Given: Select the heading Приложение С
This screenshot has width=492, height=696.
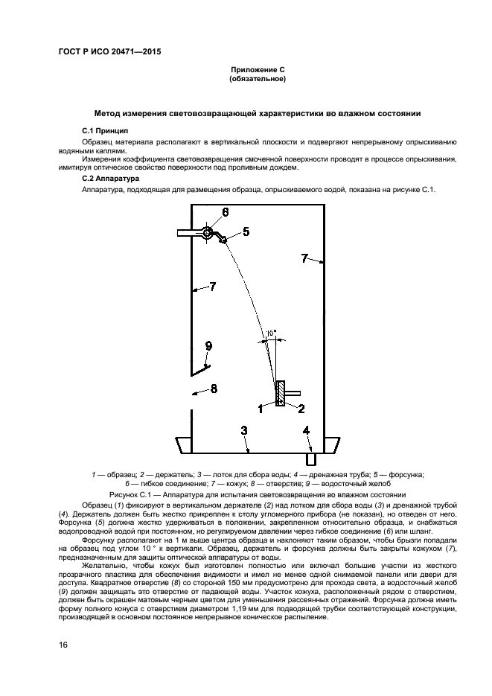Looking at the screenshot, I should pos(258,69).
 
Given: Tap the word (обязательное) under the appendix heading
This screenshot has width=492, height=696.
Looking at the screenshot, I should pos(258,78).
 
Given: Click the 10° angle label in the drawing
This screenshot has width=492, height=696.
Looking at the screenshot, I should pos(272,333).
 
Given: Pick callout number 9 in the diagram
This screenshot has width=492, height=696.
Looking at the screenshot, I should pos(208,345).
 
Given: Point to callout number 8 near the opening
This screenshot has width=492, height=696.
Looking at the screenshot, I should pos(213,388).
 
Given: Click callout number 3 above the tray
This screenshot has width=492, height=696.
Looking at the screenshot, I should pos(243,431).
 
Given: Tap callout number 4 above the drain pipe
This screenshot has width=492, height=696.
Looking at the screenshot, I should pos(305,430).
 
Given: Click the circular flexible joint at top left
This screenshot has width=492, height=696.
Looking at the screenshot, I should pos(206,233).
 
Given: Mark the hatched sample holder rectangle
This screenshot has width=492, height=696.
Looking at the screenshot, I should pos(280,393).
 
